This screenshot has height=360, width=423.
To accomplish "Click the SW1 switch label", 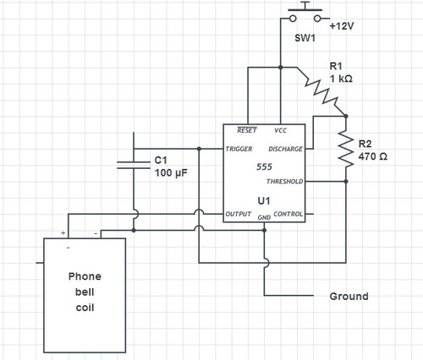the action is (x=305, y=38).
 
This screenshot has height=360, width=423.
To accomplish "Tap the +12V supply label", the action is (x=342, y=26).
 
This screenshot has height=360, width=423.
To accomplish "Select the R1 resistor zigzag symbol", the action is (x=321, y=92).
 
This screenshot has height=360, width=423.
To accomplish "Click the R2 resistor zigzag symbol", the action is (x=346, y=149).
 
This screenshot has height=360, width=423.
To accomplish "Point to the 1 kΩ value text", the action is (x=341, y=79).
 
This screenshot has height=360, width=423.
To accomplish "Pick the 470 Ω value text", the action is (x=372, y=156).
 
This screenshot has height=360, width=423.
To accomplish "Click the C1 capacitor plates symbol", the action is (x=134, y=166).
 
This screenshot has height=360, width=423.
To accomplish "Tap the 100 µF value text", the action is (x=171, y=172).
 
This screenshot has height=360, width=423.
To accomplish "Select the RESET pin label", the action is (x=247, y=130).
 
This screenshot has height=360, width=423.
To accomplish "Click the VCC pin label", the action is (x=280, y=130).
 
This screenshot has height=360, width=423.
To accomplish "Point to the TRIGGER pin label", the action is (x=239, y=149).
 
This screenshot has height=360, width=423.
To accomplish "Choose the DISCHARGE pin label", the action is (x=285, y=149).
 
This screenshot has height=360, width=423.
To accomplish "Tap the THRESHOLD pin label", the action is (x=285, y=182).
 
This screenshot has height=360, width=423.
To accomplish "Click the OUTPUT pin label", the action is (x=239, y=214).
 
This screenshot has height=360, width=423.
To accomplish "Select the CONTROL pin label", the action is (x=288, y=214).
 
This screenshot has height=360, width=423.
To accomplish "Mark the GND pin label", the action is (x=264, y=217).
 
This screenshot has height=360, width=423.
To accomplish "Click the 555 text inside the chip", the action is (x=264, y=166).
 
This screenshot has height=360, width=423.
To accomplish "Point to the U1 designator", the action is (x=264, y=201).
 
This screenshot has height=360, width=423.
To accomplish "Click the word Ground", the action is (x=349, y=297).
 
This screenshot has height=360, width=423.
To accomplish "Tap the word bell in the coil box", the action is (x=85, y=292).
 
